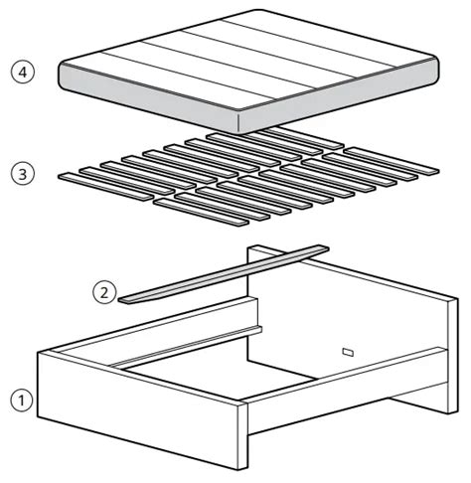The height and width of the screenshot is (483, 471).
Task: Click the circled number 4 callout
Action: (23, 72)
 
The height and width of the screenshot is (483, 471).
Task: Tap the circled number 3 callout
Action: (23, 174)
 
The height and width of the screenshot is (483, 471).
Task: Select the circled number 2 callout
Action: (104, 293)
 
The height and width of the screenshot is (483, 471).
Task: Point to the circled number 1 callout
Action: (22, 401)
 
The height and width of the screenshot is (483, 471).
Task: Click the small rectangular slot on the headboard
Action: (348, 352)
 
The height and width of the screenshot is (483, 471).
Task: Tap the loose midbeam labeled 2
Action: (224, 274)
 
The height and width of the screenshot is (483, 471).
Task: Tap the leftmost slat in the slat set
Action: (105, 186)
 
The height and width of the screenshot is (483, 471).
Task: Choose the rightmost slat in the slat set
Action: (391, 161)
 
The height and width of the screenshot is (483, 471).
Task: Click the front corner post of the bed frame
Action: (242, 435)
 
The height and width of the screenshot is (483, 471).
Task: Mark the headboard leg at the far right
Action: (453, 356)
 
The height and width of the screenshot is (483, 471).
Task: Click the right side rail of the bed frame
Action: (348, 391)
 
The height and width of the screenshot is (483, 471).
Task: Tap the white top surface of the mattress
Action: (249, 60)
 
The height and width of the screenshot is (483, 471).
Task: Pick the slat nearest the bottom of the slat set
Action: (201, 213)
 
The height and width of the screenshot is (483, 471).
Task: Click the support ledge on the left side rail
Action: (186, 347)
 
